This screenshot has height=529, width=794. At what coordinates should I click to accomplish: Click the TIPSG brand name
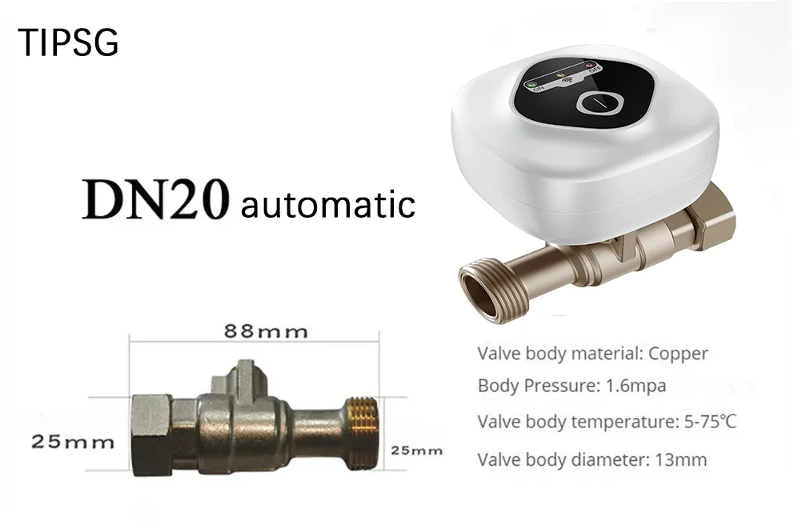(68, 42)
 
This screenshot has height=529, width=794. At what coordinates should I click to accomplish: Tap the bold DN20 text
(155, 199)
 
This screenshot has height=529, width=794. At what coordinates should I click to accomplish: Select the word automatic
(328, 203)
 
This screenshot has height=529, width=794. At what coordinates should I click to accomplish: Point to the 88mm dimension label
(266, 331)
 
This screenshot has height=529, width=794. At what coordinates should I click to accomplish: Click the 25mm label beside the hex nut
(73, 442)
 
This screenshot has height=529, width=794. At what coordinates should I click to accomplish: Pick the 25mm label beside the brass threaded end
(417, 450)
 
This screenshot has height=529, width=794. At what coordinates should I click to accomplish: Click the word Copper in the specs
(678, 354)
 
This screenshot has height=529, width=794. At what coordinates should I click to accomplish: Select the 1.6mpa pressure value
(636, 387)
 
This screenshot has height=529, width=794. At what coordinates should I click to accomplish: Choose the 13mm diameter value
(681, 459)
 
